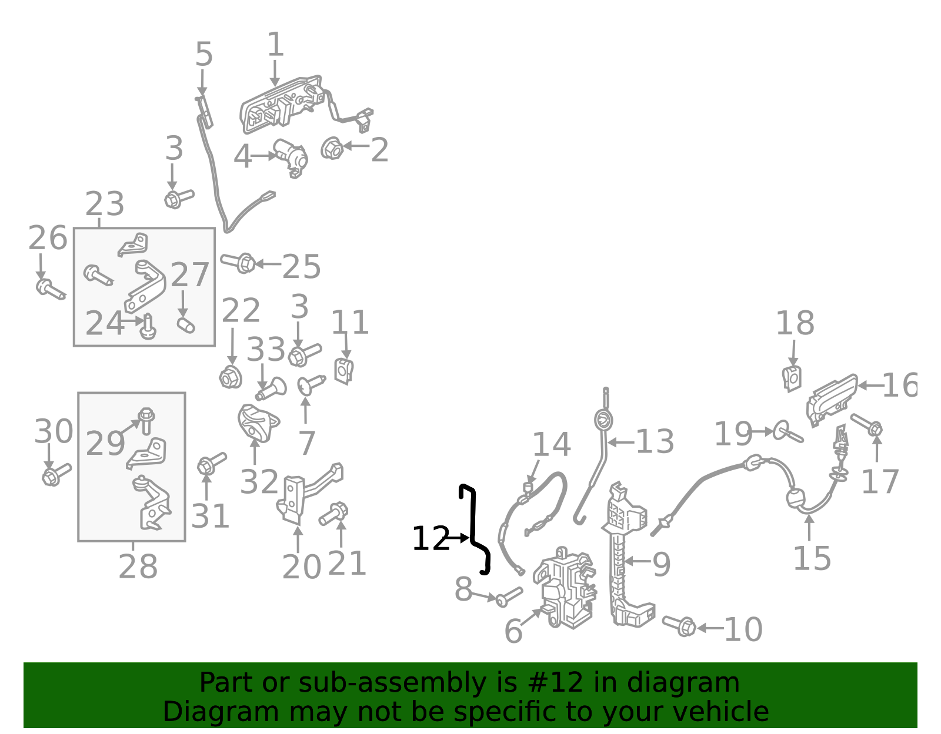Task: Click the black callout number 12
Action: (x=431, y=538)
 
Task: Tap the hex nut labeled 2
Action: (x=332, y=148)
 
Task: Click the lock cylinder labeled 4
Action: (x=291, y=157)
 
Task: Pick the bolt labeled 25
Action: (x=238, y=262)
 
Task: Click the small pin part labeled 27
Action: (x=186, y=325)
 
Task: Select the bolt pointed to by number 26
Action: (x=51, y=289)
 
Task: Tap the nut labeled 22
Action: (x=231, y=377)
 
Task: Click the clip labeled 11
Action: (x=344, y=371)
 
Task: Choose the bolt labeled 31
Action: (x=211, y=464)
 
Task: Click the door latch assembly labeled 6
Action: (x=564, y=588)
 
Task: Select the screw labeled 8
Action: (x=509, y=597)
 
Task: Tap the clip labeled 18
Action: (x=792, y=378)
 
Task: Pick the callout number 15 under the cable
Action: (x=812, y=558)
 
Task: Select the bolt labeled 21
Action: (x=333, y=514)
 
